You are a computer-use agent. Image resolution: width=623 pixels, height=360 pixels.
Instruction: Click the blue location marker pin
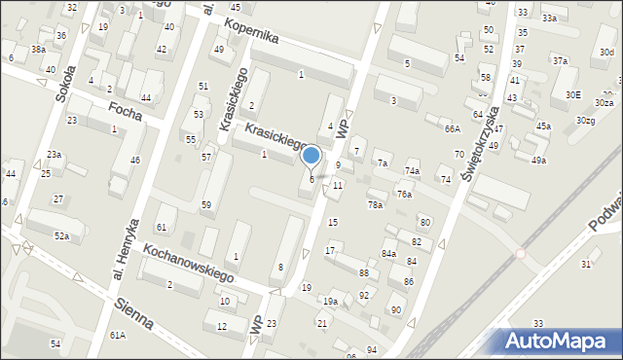pyautogui.click(x=311, y=156)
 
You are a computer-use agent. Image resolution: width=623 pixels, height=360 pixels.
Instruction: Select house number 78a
pyautogui.click(x=375, y=204)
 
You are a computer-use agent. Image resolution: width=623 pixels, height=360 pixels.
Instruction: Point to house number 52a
pyautogui.click(x=61, y=236)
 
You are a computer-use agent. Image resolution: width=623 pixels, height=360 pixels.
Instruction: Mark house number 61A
pyautogui.click(x=117, y=335)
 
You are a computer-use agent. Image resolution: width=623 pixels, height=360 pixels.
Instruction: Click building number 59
pyautogui.click(x=206, y=204)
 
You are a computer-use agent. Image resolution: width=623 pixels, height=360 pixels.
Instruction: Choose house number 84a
pyautogui.click(x=388, y=254)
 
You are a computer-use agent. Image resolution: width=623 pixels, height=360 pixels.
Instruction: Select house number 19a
pyautogui.click(x=331, y=302)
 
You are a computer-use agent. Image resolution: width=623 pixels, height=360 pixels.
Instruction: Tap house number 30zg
pyautogui.click(x=585, y=120)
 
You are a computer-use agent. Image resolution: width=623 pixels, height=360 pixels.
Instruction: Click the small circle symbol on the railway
pyautogui.click(x=521, y=254)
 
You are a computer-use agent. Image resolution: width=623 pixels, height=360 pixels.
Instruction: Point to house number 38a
pyautogui.click(x=38, y=49)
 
